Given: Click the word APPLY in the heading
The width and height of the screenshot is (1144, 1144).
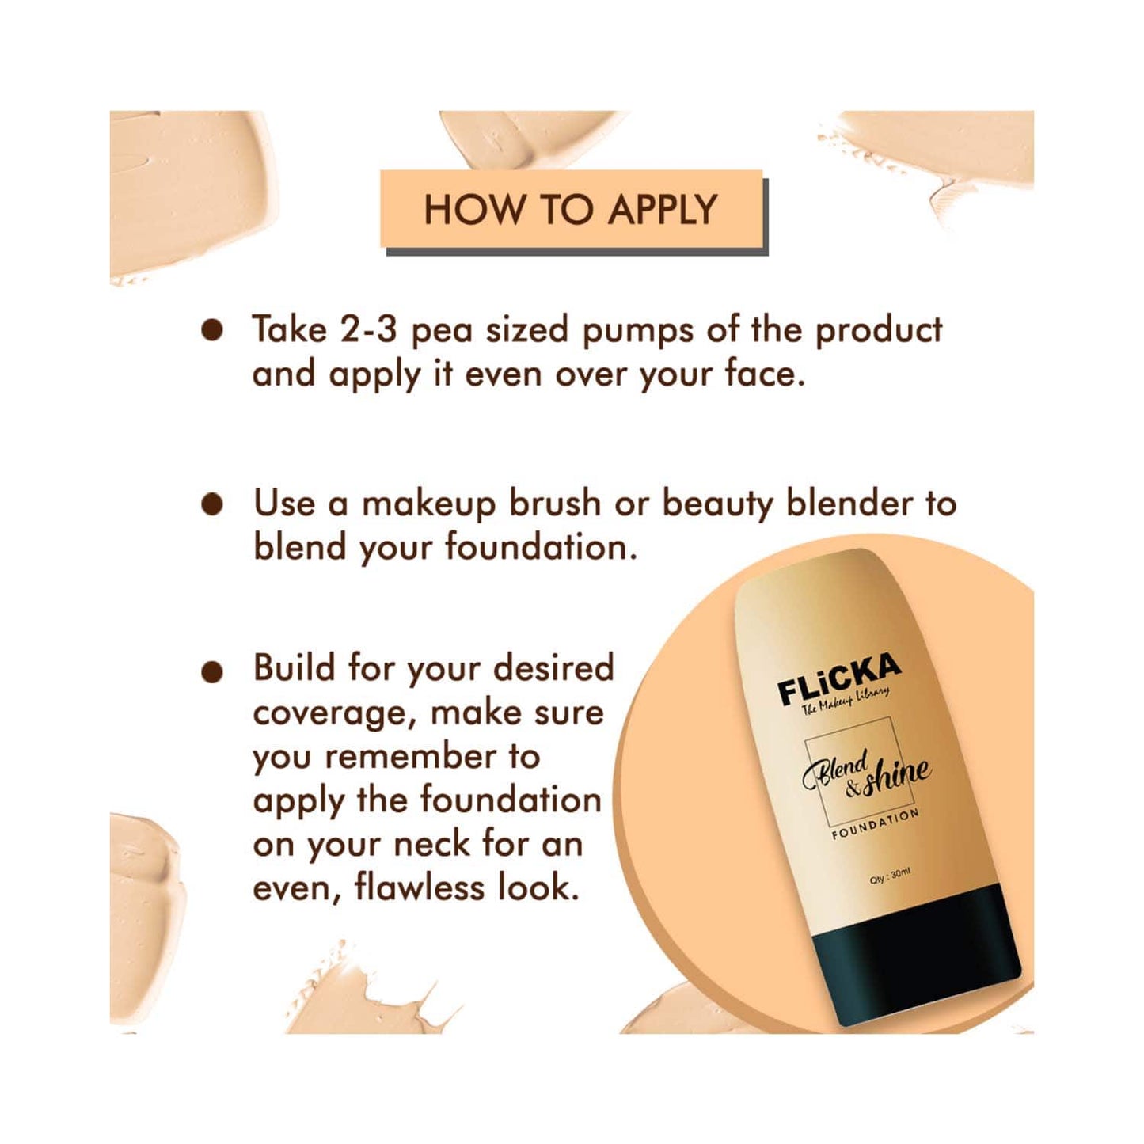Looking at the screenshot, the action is click(663, 210).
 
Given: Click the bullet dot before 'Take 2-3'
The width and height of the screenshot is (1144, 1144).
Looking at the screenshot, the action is click(212, 331).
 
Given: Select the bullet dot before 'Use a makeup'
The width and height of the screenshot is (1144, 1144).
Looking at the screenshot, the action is click(212, 505).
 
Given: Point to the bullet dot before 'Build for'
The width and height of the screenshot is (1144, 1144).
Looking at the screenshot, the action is click(212, 672).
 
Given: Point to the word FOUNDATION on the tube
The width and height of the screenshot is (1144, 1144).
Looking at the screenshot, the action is click(875, 825).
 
